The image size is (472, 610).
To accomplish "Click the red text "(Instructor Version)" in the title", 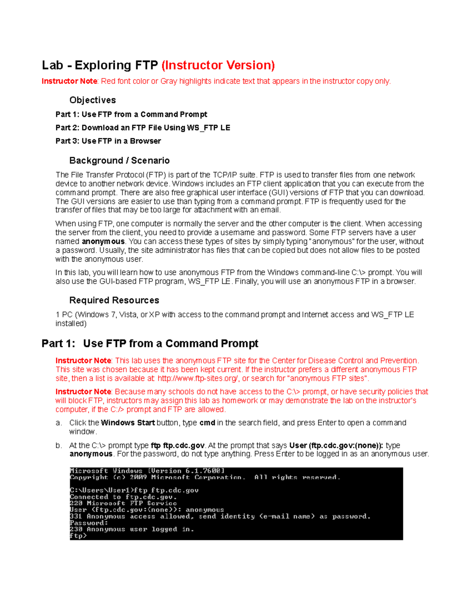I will coord(218,65).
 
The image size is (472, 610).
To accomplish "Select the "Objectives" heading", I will coord(92,100).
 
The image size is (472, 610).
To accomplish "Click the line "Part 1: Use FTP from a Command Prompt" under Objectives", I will coord(131,114).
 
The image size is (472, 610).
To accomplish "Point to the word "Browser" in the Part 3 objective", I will coord(145,141).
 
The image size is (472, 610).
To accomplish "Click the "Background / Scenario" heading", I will coord(119,161).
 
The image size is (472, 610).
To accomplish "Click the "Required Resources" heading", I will coord(114,300).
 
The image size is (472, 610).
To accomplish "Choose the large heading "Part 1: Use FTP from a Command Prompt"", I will coord(150,344).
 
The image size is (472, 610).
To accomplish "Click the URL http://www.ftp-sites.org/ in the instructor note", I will coord(198,379).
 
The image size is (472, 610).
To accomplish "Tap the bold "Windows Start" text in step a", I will coord(127,423).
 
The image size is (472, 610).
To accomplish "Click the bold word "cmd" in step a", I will coord(207,423).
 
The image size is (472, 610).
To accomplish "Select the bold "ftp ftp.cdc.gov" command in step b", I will coord(177,445).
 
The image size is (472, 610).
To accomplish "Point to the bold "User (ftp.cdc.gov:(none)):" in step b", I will coord(336,445).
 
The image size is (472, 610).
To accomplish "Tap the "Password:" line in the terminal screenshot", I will coord(88,523).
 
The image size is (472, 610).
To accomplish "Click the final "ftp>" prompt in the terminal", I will coord(78,536).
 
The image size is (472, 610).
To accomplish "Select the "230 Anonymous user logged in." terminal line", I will coord(132,529).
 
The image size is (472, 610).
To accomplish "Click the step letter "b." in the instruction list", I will coord(59,445).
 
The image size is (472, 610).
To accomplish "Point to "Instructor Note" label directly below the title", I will coord(69,81).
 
